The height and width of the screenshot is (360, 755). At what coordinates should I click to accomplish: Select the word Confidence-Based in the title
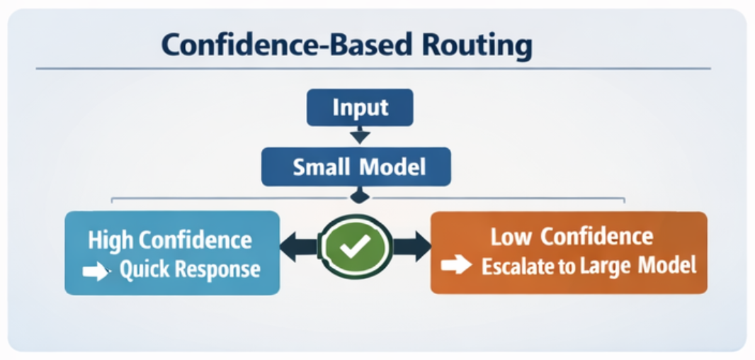[x=287, y=45]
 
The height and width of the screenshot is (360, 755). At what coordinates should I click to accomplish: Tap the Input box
[x=360, y=108]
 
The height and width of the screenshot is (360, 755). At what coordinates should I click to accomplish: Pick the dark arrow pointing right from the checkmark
[x=411, y=246]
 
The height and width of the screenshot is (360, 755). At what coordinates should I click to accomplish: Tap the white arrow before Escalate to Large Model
[x=456, y=266]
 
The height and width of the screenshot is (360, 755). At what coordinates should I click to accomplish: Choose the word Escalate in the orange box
[x=516, y=266]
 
